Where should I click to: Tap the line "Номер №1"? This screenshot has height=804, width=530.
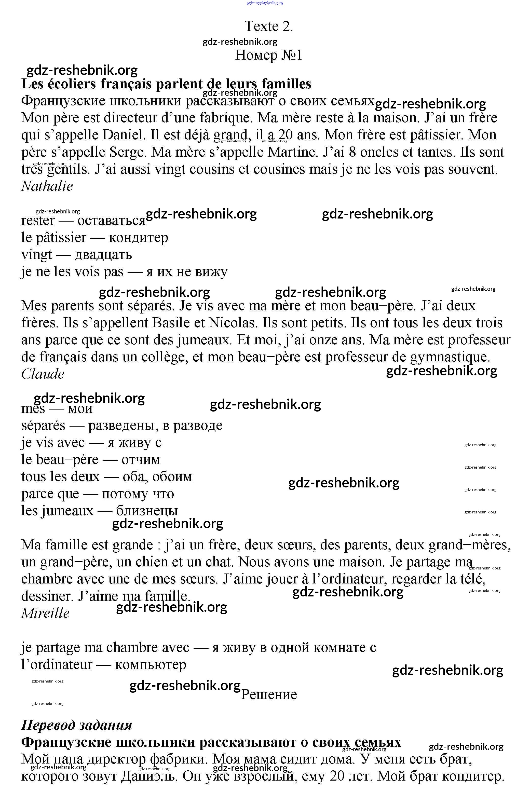point(268,55)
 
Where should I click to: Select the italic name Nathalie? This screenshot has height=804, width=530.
point(47,186)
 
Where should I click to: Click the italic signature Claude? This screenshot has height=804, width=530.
point(43,374)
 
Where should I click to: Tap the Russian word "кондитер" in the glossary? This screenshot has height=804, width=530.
point(139,238)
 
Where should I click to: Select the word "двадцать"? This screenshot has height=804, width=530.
point(103,254)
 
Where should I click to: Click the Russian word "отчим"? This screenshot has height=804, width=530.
point(141,460)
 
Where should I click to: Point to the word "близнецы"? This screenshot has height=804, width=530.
point(147,511)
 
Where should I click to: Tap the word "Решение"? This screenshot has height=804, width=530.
point(269,694)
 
